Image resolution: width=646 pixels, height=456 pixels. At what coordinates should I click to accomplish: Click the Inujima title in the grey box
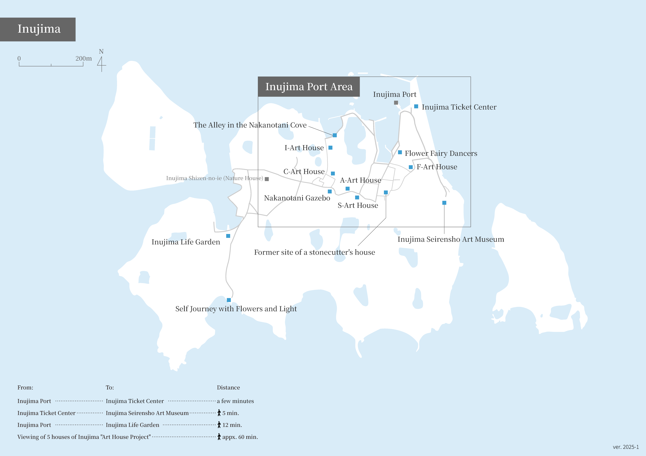(39, 29)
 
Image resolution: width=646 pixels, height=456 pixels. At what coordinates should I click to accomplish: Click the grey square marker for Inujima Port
(396, 103)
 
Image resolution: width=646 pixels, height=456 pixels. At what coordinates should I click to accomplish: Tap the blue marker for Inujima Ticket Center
(416, 106)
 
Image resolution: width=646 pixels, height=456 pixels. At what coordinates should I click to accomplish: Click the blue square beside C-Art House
(333, 174)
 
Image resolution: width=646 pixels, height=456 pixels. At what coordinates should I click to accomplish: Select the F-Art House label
(437, 167)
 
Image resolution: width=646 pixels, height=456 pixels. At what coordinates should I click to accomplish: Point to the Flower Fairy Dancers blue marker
(400, 152)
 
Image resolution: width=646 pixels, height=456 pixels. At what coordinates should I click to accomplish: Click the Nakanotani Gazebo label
(297, 198)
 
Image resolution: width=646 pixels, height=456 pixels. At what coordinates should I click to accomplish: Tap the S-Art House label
(358, 206)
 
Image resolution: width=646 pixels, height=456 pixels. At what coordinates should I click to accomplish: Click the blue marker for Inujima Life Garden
(228, 236)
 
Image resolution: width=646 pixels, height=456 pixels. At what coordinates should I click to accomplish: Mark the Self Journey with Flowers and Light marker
(229, 300)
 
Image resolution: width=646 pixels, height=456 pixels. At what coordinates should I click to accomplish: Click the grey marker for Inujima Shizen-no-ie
(267, 179)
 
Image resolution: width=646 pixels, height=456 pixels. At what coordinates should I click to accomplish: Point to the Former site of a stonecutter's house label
(314, 252)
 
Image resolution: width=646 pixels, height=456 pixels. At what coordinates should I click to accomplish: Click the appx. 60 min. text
(240, 437)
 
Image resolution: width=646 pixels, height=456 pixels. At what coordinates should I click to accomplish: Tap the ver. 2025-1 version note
(626, 447)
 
